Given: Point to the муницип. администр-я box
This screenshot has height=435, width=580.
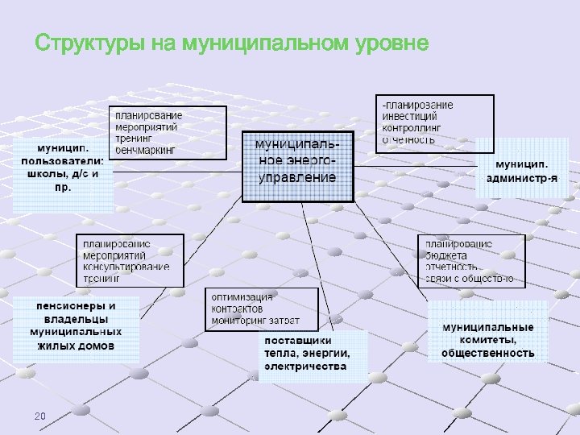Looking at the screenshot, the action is (522, 168).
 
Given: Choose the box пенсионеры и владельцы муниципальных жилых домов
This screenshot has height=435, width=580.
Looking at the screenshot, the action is (76, 325).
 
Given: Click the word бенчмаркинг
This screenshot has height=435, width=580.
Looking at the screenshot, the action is (147, 150).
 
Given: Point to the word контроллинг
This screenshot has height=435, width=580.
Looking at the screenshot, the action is (412, 127).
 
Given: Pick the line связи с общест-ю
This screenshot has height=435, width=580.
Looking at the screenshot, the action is (470, 279).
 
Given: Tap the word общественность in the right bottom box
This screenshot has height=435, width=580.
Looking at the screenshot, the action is (488, 353).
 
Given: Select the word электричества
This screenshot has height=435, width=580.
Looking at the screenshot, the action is (306, 366).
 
